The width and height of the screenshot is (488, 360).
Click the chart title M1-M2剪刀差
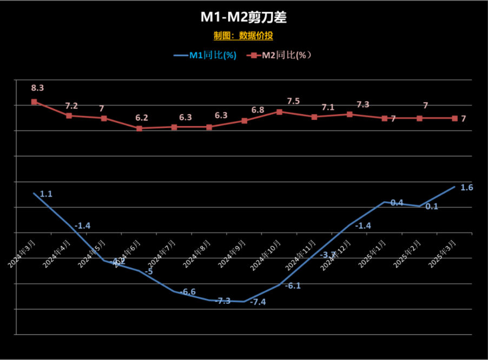(x=243, y=17)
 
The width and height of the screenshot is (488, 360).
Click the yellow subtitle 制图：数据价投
(x=243, y=36)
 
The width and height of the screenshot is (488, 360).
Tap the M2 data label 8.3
(x=37, y=88)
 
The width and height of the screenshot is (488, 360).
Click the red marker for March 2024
(x=34, y=102)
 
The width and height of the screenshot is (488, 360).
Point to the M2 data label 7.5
(x=293, y=101)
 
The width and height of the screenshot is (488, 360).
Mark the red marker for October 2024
(x=279, y=112)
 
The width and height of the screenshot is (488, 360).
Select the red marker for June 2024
(x=139, y=128)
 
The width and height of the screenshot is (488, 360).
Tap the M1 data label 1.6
(x=467, y=188)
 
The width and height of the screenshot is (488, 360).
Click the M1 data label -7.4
(x=258, y=302)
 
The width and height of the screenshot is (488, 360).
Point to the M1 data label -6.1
(x=293, y=285)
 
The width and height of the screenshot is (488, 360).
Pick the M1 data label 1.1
(x=46, y=194)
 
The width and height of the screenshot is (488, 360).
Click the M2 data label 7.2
(x=72, y=105)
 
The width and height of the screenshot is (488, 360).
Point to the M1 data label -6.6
(x=188, y=292)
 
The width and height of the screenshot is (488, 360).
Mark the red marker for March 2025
(x=454, y=118)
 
